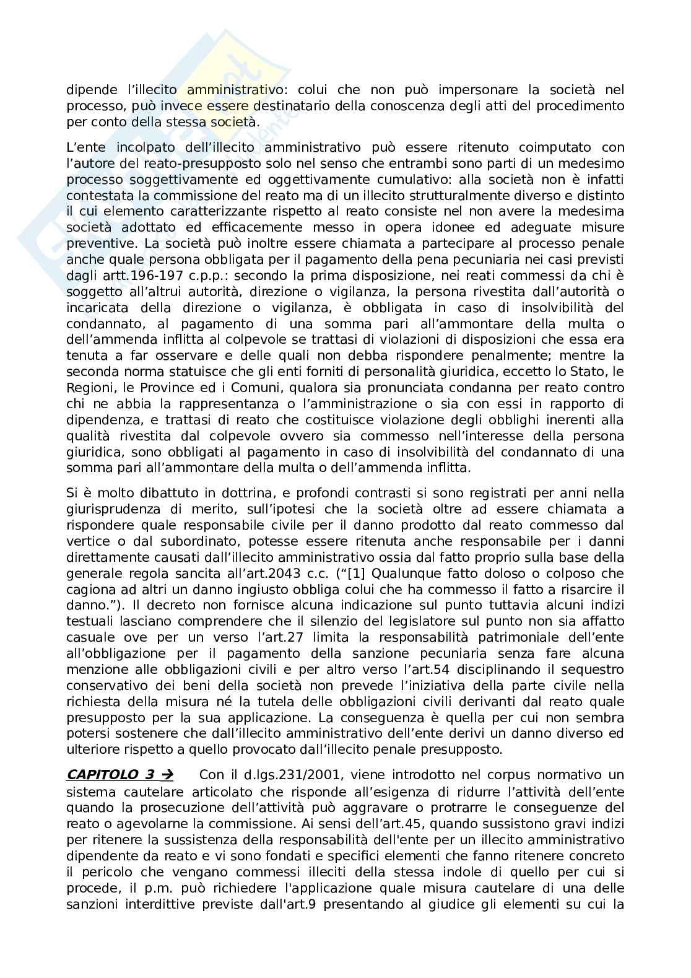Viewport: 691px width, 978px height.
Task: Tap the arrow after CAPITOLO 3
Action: (x=167, y=775)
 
